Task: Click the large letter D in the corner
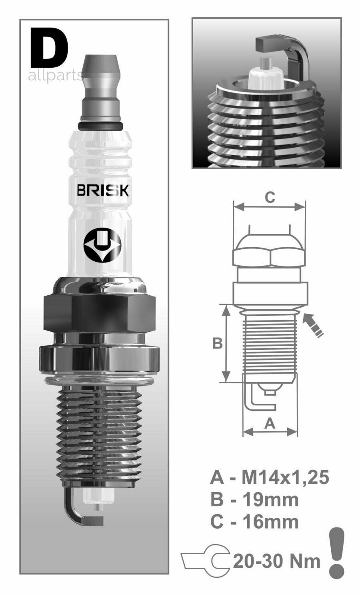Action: pyautogui.click(x=49, y=48)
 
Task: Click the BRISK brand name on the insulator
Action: pyautogui.click(x=103, y=191)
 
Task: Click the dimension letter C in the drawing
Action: pyautogui.click(x=270, y=197)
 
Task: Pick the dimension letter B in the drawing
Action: pyautogui.click(x=217, y=343)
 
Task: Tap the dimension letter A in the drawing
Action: pyautogui.click(x=270, y=423)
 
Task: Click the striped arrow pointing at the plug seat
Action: pyautogui.click(x=313, y=325)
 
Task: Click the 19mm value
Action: pyautogui.click(x=271, y=499)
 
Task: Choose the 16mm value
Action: pyautogui.click(x=271, y=522)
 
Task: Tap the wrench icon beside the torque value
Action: pyautogui.click(x=205, y=560)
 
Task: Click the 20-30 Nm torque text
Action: pyautogui.click(x=276, y=561)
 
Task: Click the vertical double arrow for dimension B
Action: pyautogui.click(x=226, y=343)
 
